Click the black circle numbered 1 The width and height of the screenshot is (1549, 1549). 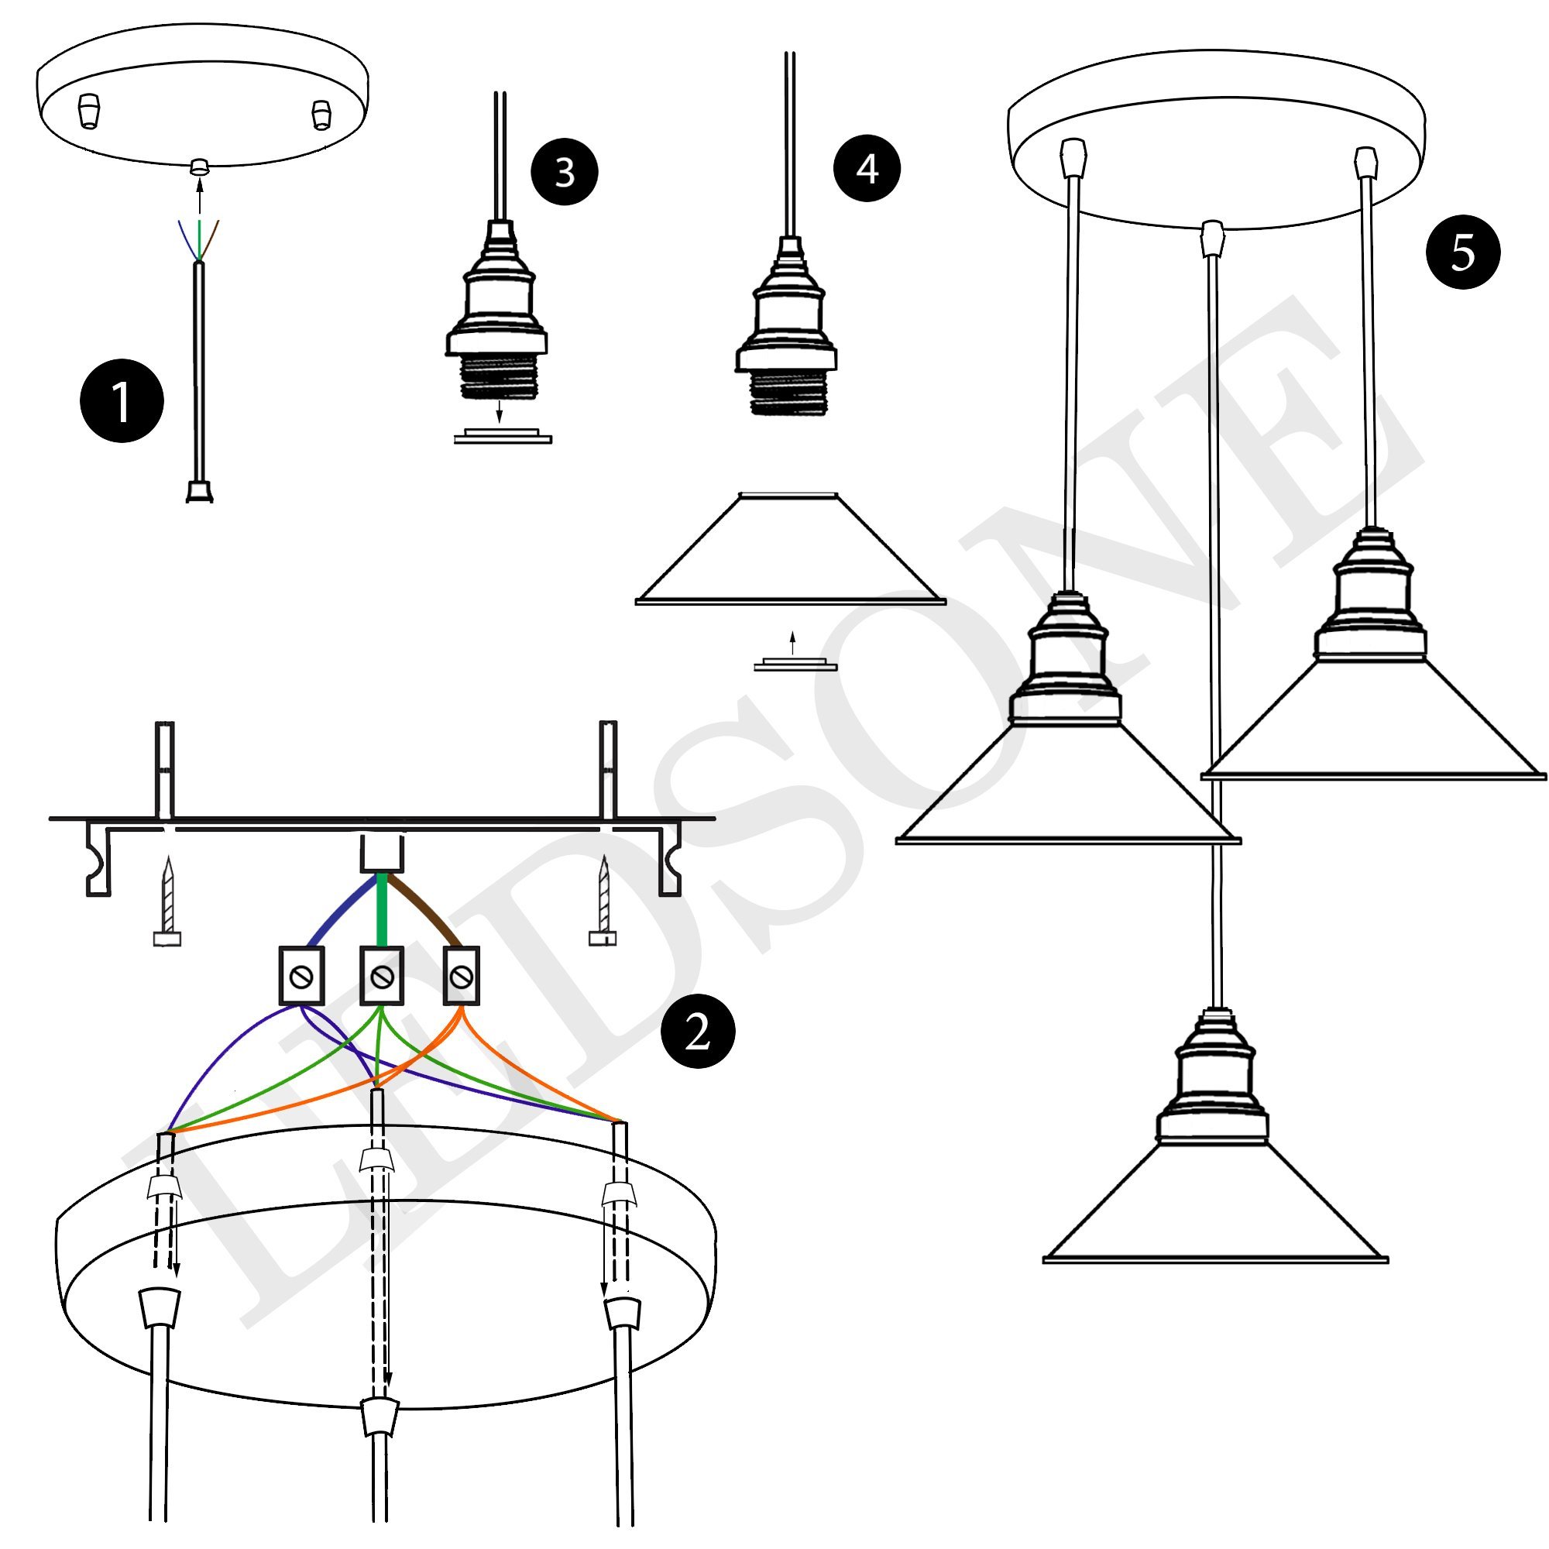pyautogui.click(x=122, y=401)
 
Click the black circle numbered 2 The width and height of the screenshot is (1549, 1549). pyautogui.click(x=698, y=1031)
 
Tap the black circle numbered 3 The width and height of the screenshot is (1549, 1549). pyautogui.click(x=565, y=172)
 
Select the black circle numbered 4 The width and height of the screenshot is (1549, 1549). pyautogui.click(x=867, y=168)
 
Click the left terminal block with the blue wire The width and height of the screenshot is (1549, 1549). pyautogui.click(x=301, y=976)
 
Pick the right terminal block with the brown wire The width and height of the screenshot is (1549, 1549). pyautogui.click(x=461, y=976)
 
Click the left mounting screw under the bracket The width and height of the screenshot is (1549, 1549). pyautogui.click(x=167, y=902)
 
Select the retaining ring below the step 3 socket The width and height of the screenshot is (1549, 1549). pyautogui.click(x=503, y=437)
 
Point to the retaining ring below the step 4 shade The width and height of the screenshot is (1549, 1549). pyautogui.click(x=795, y=665)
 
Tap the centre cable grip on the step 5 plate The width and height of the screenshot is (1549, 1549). pyautogui.click(x=1214, y=239)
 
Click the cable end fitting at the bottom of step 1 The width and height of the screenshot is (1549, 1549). pyautogui.click(x=199, y=491)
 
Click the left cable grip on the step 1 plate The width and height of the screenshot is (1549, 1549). pyautogui.click(x=89, y=112)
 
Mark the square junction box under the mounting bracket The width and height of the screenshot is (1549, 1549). pyautogui.click(x=382, y=853)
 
